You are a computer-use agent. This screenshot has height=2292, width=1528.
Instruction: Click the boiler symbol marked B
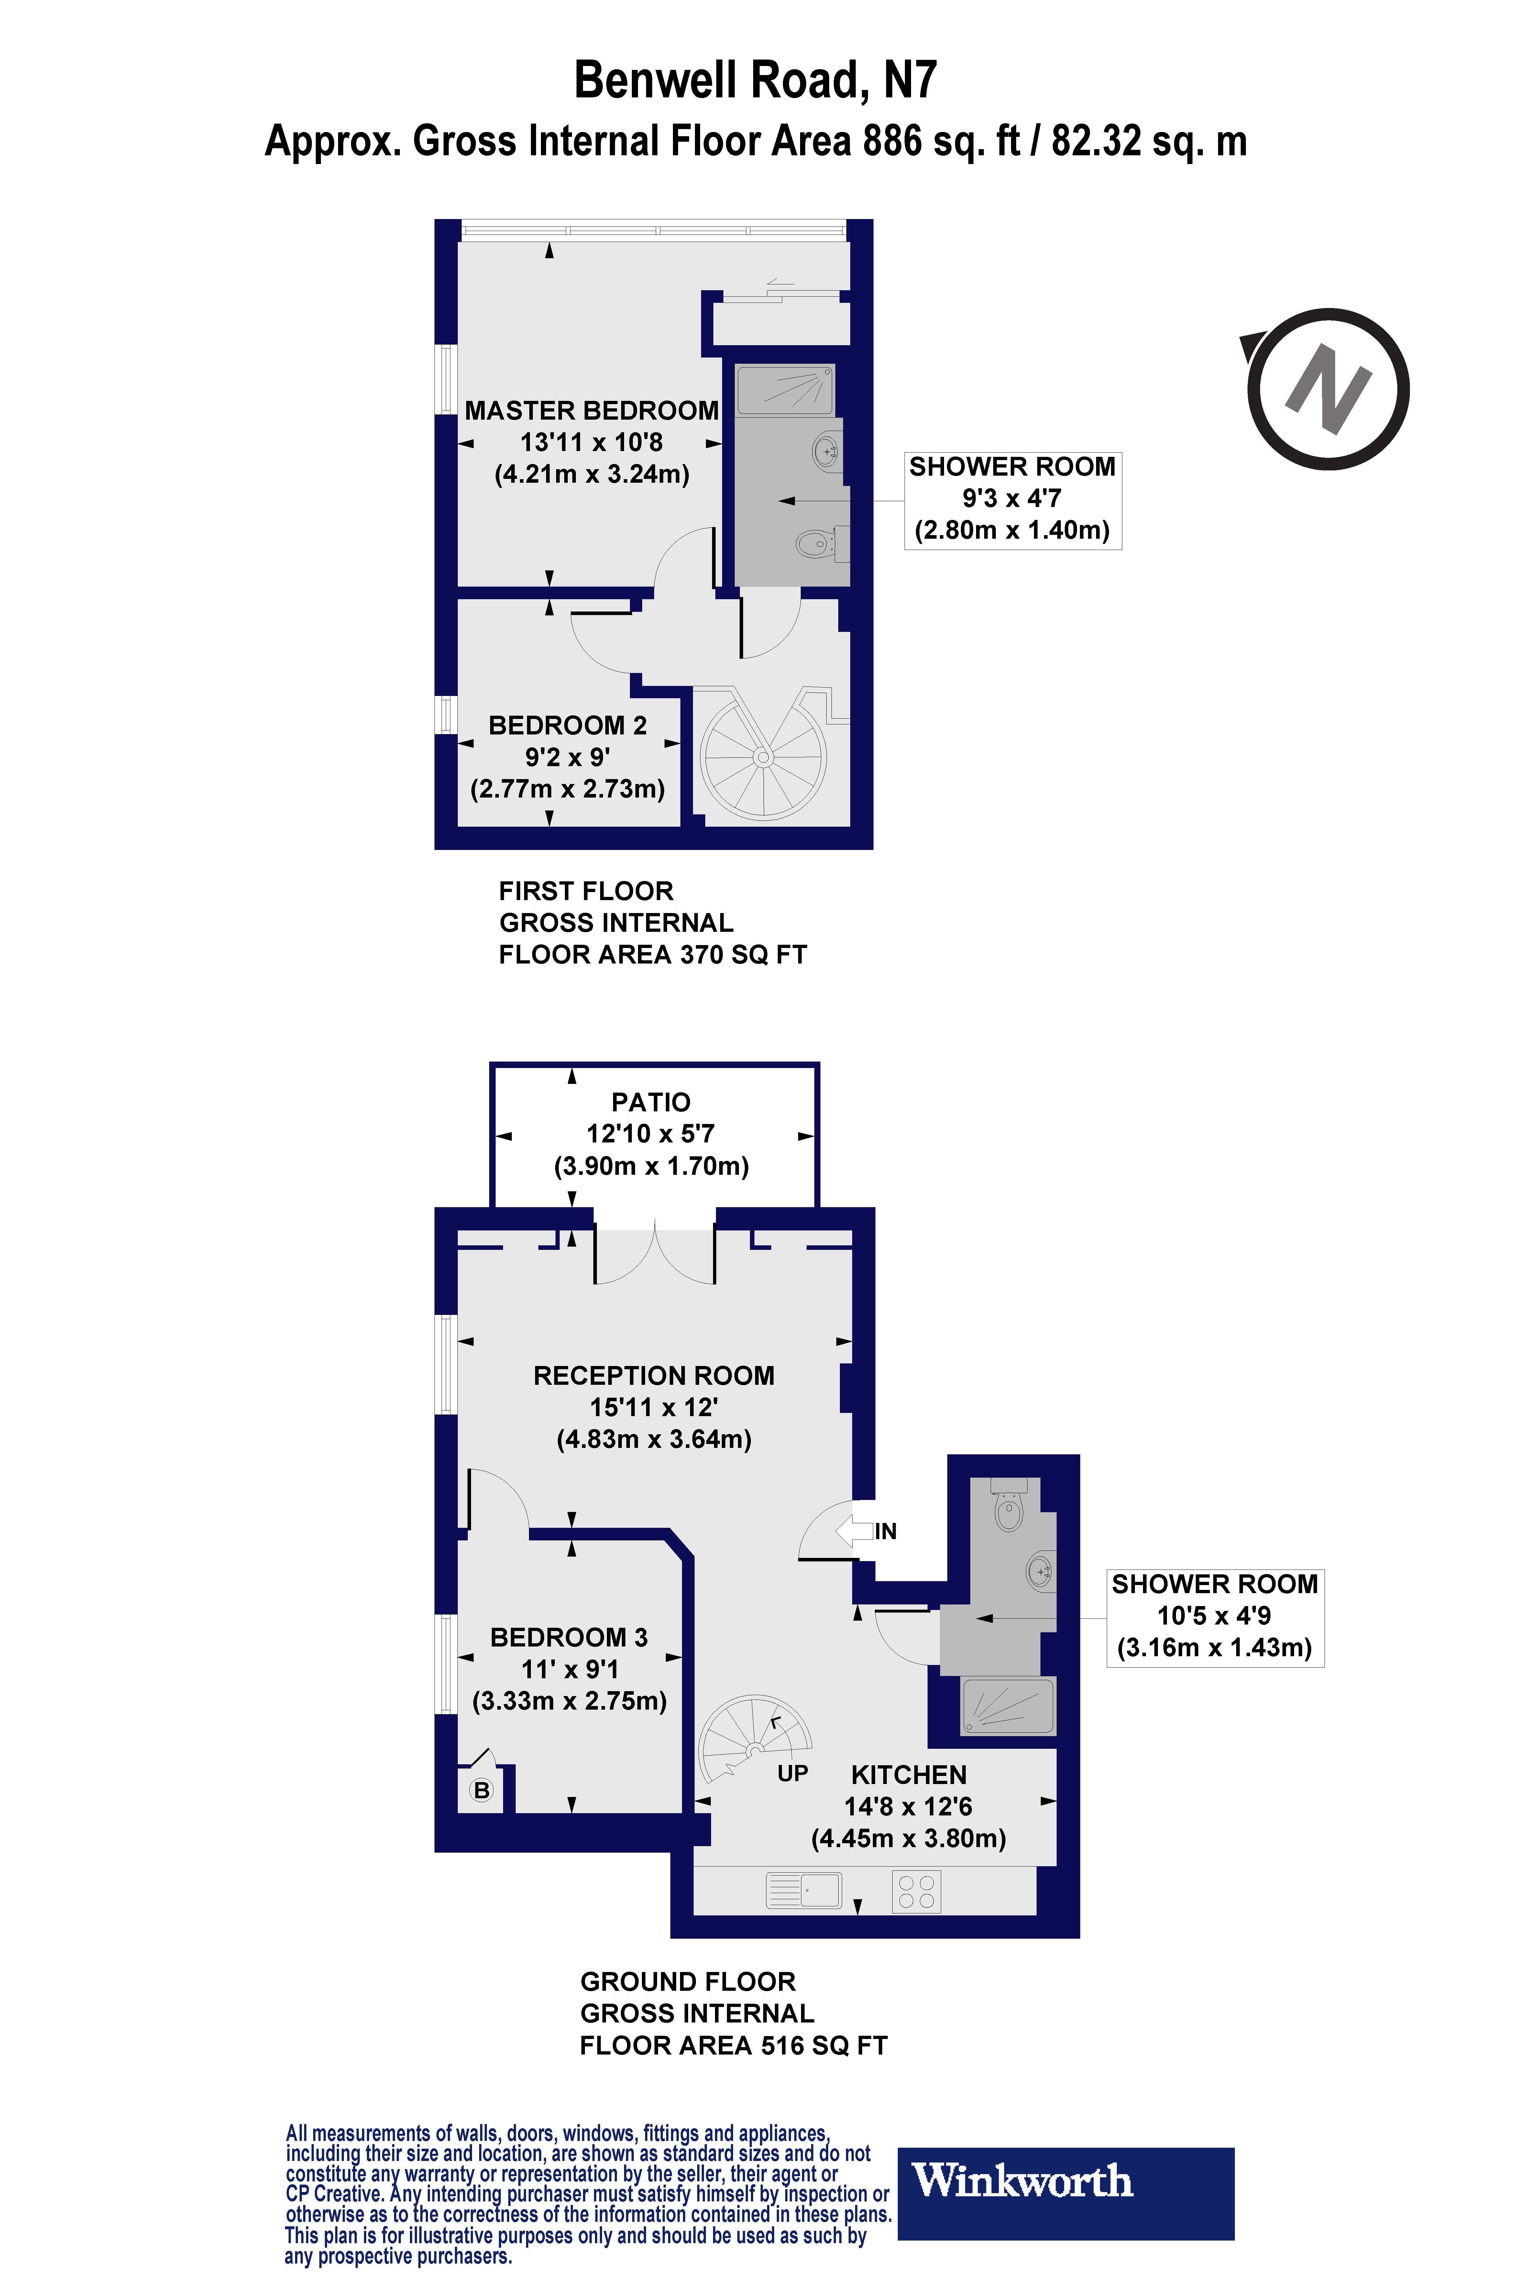[x=481, y=1789]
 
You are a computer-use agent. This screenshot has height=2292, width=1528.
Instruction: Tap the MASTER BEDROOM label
[x=591, y=410]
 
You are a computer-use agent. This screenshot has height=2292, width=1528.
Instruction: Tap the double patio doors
[x=655, y=1257]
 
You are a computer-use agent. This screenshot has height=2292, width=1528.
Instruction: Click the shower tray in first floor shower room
[x=785, y=390]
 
